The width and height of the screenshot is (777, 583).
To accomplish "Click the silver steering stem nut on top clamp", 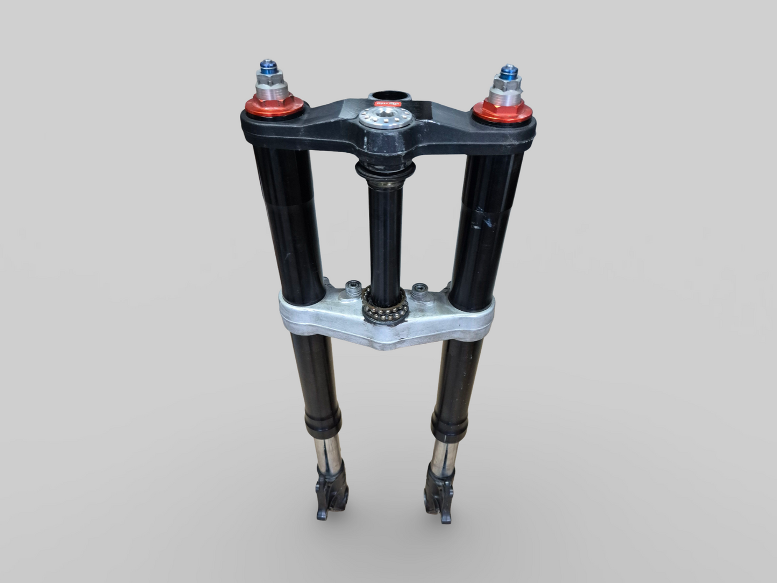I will (382, 118).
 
